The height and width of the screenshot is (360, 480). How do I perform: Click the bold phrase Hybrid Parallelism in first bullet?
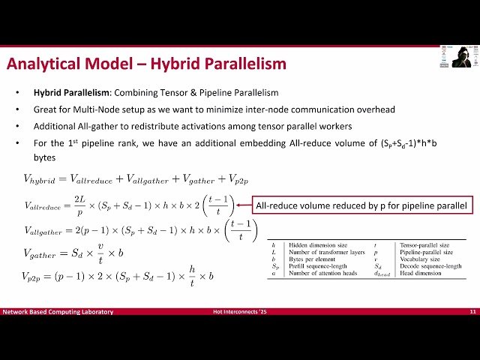tap(66, 94)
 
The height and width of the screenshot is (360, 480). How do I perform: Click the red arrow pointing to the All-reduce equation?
tap(244, 204)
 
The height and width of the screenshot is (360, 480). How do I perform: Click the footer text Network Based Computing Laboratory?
tap(58, 311)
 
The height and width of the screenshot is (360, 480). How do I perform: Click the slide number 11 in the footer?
tap(472, 311)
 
